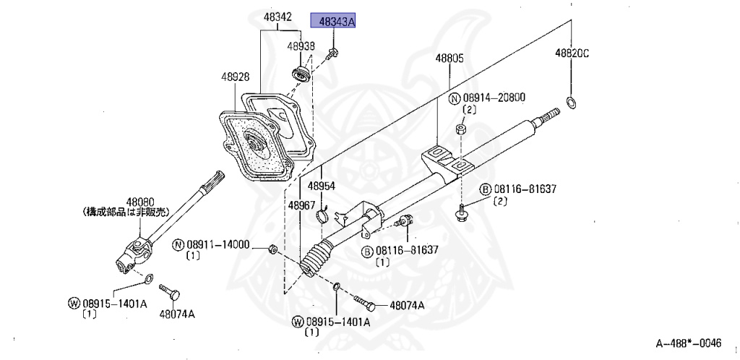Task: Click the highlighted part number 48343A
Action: coord(333,22)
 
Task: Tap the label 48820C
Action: coord(572,53)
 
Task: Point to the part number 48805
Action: coord(449,58)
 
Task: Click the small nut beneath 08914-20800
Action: coord(460,131)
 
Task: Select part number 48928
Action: coord(236,76)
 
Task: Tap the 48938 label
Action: coord(301,46)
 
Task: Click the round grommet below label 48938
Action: coord(300,73)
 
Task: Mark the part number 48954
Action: coord(322,186)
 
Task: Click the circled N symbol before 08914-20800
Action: coord(454,98)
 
